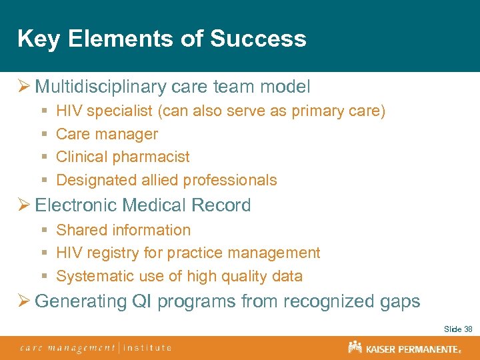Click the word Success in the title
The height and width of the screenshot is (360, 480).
click(x=258, y=39)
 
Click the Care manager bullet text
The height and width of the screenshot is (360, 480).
click(x=107, y=134)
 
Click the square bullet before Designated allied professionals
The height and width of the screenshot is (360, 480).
click(x=43, y=181)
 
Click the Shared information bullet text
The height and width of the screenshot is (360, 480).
click(x=123, y=230)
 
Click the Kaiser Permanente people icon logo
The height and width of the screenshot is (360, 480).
click(x=355, y=347)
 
